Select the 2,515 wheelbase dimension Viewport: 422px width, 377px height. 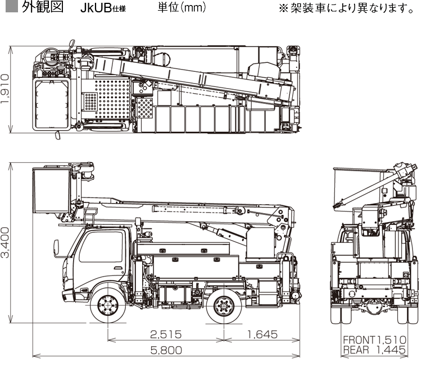pyautogui.click(x=166, y=335)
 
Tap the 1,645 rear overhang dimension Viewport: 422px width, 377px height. pyautogui.click(x=262, y=335)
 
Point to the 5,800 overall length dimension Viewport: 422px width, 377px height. pyautogui.click(x=167, y=351)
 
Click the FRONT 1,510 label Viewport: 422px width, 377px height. pyautogui.click(x=374, y=340)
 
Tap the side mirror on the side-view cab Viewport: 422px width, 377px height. pyautogui.click(x=55, y=246)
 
